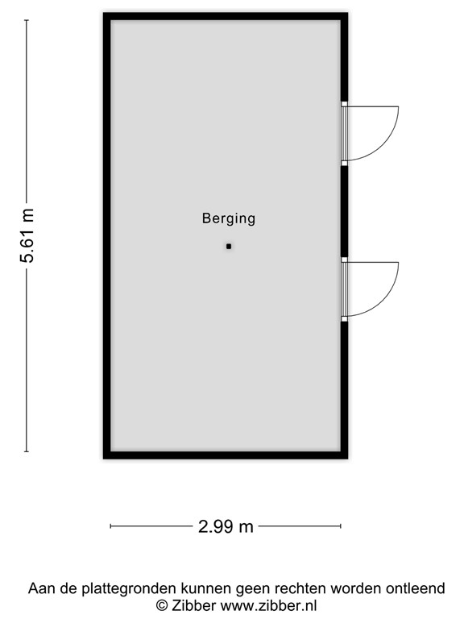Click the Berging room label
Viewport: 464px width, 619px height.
click(x=229, y=218)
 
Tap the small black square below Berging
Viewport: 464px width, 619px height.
click(x=229, y=246)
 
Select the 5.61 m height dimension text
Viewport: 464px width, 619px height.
click(x=27, y=235)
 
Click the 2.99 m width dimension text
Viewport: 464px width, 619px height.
click(x=226, y=527)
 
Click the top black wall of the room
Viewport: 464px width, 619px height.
click(x=226, y=17)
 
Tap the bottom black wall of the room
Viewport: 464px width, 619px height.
click(x=226, y=455)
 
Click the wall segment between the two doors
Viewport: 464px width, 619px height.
click(x=344, y=211)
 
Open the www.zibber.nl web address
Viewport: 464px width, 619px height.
click(x=269, y=604)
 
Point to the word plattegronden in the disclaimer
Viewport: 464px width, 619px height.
click(x=110, y=588)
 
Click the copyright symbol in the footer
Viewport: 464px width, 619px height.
click(x=162, y=604)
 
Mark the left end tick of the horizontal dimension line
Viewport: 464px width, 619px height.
click(x=111, y=527)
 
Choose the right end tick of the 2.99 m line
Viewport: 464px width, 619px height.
click(x=340, y=527)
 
